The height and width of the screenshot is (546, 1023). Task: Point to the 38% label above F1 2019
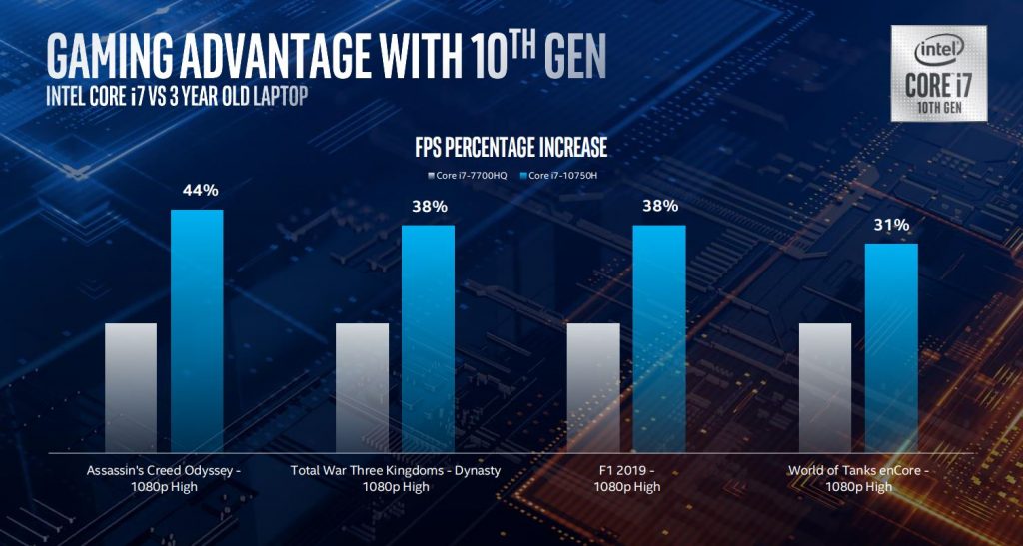coord(660,207)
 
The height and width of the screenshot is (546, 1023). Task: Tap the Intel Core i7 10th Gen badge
coord(940,71)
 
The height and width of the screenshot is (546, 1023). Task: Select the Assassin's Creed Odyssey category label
coord(164,477)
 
